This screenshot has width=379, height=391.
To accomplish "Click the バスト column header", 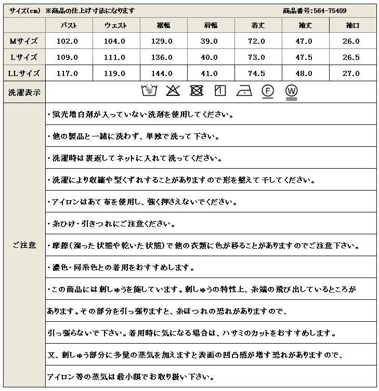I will tap(69, 25).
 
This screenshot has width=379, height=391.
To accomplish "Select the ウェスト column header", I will tap(115, 25).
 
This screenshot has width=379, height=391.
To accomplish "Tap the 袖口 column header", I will tap(351, 25).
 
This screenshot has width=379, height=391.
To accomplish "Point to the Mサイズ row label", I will tap(23, 41).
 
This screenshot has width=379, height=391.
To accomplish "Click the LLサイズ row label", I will tap(23, 73).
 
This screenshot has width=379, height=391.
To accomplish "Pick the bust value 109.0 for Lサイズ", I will tap(69, 57).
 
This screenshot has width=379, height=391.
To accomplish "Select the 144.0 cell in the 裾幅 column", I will tap(163, 73).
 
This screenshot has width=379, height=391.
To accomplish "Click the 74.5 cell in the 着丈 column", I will tap(257, 73).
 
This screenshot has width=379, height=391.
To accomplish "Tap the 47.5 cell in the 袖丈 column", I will tap(304, 57).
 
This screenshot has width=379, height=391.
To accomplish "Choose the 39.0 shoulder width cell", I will tap(210, 41).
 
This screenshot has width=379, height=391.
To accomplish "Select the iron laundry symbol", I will tap(244, 91).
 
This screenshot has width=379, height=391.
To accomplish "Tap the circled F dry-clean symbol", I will tap(268, 91).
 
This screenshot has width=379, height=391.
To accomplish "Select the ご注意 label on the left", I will tap(23, 245).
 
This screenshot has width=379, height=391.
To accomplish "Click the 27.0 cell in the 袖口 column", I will tap(351, 73).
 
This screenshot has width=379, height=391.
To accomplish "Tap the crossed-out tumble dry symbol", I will tap(196, 91).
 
